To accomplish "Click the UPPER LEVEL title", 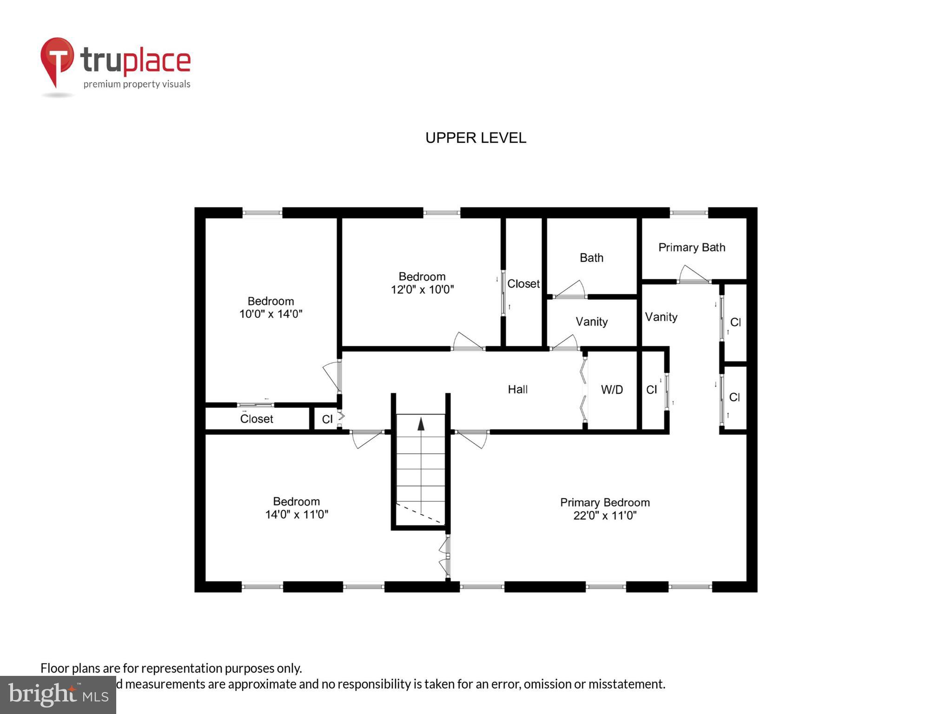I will point(476,138).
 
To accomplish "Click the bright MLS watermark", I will point(58,694).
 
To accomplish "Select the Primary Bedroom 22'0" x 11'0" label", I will point(604,509).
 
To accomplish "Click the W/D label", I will point(612,390).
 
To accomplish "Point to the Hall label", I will point(517,390).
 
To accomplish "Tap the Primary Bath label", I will point(692,247).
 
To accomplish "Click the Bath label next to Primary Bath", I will point(591,258).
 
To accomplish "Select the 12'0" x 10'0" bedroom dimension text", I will point(422,290).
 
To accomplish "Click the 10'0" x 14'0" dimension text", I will point(271,314).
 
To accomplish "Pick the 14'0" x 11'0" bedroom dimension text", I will point(297,515).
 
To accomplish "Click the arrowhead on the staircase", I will point(421,423).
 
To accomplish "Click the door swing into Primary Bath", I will point(694,275).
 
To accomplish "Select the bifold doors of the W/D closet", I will point(583,390).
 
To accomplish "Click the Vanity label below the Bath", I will point(591,322).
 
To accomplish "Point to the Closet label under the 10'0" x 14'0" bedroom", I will point(257,419).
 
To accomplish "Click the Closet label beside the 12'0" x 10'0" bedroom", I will point(523,284).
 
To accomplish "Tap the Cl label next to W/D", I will point(652,390).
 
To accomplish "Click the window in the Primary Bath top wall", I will point(688,213).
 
